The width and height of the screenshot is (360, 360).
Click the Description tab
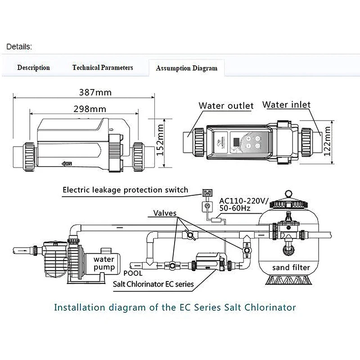tap(33, 67)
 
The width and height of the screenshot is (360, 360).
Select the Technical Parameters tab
tap(103, 67)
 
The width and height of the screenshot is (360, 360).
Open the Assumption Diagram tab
tap(186, 68)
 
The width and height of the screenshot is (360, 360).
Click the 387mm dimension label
tap(95, 93)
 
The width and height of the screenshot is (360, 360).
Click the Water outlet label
tap(226, 106)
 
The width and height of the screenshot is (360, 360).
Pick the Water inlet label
tap(287, 105)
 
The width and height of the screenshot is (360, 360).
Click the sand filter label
tap(291, 268)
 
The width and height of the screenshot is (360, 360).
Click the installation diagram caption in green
tap(175, 308)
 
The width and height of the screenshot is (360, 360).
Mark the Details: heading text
tap(19, 46)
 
